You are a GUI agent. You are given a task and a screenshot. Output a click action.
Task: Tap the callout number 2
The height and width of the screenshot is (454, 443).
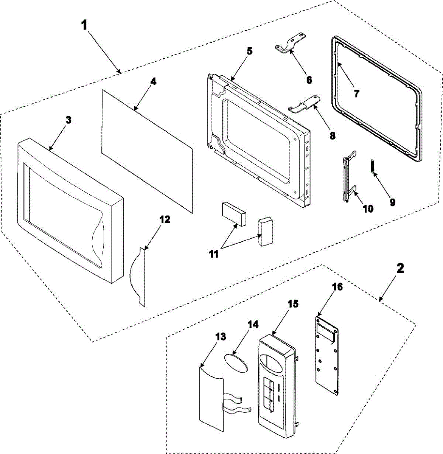coord(400,268)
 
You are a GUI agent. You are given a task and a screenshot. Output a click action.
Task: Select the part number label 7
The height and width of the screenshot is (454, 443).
coord(356,93)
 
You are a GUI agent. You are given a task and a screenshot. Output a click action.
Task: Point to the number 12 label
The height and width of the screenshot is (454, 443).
coord(165,219)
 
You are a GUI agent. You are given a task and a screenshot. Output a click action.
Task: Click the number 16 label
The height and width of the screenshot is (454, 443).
coord(337,287)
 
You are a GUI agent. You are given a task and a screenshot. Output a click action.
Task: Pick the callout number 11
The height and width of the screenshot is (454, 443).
coord(214,254)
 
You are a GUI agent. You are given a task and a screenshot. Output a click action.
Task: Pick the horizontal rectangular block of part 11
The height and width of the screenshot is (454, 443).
coord(234,214)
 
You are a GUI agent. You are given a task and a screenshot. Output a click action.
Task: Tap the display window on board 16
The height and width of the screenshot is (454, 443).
coord(325,335)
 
